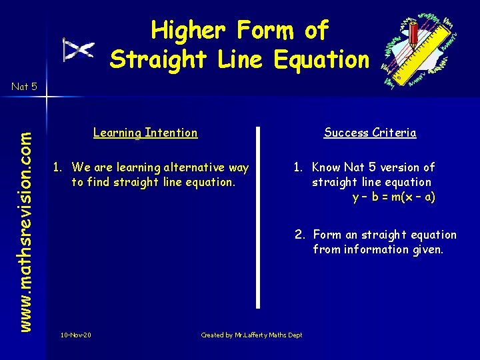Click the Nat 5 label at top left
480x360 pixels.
pos(24,86)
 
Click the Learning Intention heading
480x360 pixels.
pos(145,133)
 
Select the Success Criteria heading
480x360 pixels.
pos(370,133)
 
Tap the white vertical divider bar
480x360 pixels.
pos(259,217)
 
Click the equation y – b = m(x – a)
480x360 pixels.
pos(393,197)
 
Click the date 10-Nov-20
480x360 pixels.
pos(75,335)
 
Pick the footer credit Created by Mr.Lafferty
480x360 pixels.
pos(251,335)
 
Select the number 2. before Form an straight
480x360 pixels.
pos(301,235)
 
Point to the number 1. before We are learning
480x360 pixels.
pos(59,167)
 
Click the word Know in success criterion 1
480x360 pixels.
pos(326,167)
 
